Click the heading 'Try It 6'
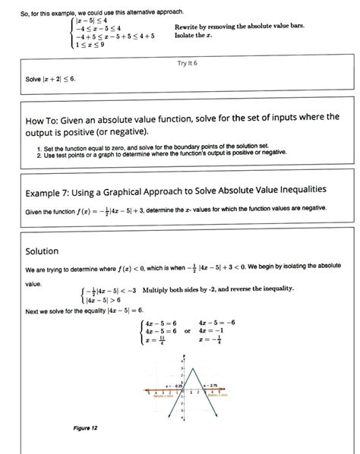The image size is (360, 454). tap(186, 63)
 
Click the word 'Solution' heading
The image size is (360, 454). tap(42, 251)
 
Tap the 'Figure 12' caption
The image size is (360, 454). tap(85, 428)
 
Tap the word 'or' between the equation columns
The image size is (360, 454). tap(187, 332)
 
